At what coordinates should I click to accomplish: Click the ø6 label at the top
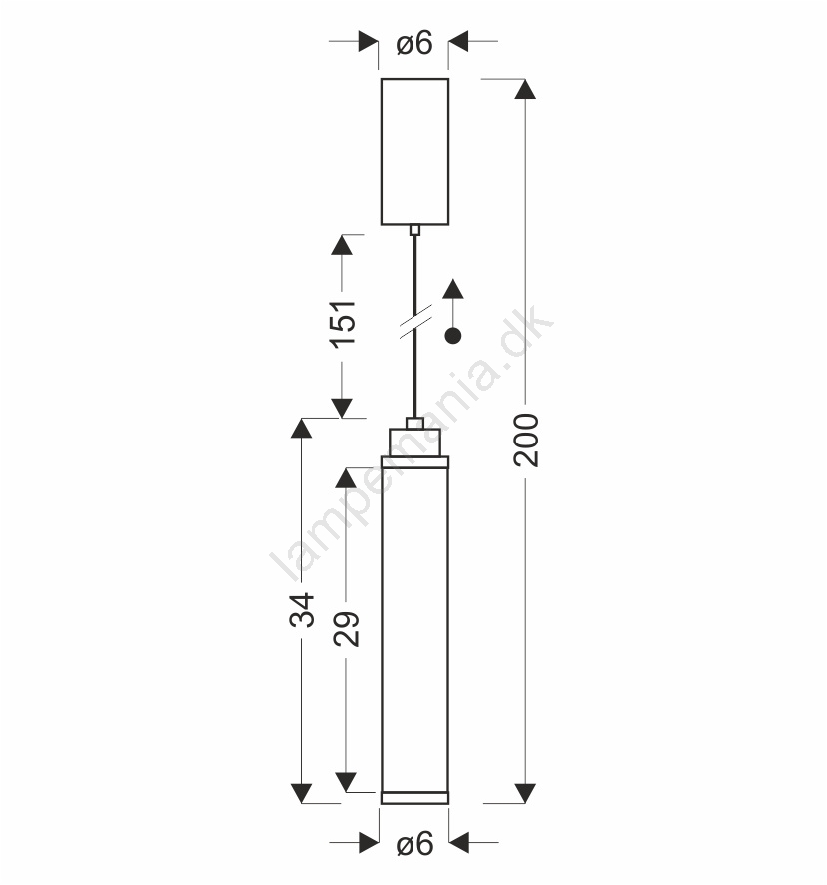(x=414, y=43)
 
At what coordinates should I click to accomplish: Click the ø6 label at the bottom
(x=414, y=844)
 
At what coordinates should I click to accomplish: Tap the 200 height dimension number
(x=526, y=441)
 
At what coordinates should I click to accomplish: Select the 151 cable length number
(x=344, y=324)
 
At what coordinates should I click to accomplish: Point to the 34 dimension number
(x=302, y=610)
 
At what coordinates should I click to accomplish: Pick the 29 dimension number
(x=346, y=628)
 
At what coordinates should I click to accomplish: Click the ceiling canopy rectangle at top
(x=414, y=151)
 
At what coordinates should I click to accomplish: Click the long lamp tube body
(x=414, y=629)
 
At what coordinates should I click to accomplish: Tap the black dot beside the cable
(x=453, y=336)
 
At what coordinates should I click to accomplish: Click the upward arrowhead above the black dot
(x=453, y=289)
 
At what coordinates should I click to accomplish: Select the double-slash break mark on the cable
(x=416, y=322)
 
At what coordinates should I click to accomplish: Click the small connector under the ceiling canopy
(x=414, y=230)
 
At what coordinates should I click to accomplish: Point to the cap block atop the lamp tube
(x=414, y=442)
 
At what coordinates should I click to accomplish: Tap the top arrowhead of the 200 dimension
(x=525, y=89)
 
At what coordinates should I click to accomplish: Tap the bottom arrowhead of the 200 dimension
(x=525, y=793)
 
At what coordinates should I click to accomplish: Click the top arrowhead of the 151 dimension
(x=342, y=245)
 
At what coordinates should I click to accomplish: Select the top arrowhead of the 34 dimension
(x=301, y=428)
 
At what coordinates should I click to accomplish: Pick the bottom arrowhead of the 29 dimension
(x=346, y=782)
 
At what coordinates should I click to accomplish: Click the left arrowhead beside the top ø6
(x=369, y=41)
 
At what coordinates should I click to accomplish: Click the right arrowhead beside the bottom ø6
(x=459, y=843)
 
